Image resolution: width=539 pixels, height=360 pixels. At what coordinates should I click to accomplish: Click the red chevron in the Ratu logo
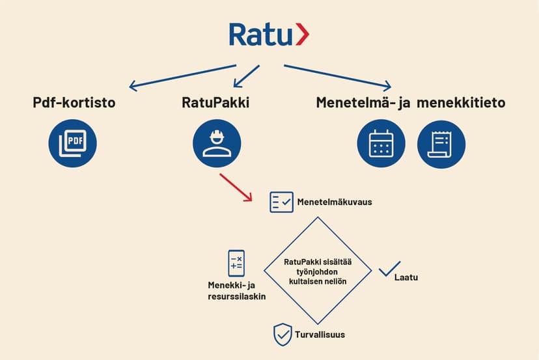pyautogui.click(x=303, y=34)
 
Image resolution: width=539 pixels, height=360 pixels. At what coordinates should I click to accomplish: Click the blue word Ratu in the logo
pyautogui.click(x=260, y=35)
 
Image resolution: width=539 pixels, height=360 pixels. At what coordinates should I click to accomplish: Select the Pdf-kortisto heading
pyautogui.click(x=74, y=102)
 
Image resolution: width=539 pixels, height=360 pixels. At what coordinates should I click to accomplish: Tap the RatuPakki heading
pyautogui.click(x=215, y=102)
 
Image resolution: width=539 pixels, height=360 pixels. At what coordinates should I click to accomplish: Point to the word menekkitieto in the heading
pyautogui.click(x=461, y=102)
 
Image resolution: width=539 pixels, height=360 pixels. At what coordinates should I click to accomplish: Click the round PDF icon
pyautogui.click(x=72, y=143)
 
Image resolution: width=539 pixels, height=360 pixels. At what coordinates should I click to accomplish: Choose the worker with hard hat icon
pyautogui.click(x=217, y=143)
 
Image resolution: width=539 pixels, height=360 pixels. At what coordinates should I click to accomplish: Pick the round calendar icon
pyautogui.click(x=381, y=143)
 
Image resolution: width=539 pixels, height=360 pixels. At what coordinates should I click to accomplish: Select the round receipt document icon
pyautogui.click(x=441, y=144)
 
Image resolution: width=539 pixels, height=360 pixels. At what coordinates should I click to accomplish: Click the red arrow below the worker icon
pyautogui.click(x=236, y=187)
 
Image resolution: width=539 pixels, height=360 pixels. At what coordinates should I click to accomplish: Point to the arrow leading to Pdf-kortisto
pyautogui.click(x=182, y=77)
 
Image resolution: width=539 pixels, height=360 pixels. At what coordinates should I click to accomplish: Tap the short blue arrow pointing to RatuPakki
pyautogui.click(x=247, y=76)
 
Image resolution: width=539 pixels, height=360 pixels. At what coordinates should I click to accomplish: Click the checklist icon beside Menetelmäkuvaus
pyautogui.click(x=281, y=202)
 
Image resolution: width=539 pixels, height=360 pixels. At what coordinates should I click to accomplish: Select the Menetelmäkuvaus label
pyautogui.click(x=335, y=202)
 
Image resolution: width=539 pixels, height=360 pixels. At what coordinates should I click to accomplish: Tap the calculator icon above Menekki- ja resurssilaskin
pyautogui.click(x=236, y=263)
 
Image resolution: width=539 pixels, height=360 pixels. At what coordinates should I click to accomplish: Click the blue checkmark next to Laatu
pyautogui.click(x=389, y=269)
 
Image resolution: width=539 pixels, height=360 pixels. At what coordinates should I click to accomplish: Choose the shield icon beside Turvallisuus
pyautogui.click(x=283, y=335)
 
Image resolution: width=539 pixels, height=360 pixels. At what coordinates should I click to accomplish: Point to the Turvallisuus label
pyautogui.click(x=320, y=335)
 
